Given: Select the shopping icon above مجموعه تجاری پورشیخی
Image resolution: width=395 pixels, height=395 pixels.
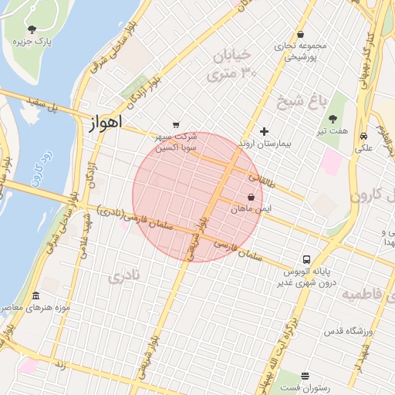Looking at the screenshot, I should (x=299, y=35).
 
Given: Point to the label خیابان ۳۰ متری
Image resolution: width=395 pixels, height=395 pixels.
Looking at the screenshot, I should (x=231, y=65).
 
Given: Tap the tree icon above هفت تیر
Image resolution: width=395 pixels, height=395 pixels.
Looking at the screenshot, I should (x=333, y=120).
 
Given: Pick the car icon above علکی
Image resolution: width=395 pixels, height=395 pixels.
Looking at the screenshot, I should (x=363, y=137).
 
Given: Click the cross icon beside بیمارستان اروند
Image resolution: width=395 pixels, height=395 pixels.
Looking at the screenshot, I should (x=264, y=132).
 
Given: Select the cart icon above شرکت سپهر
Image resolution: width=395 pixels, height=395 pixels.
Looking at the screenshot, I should (x=177, y=125).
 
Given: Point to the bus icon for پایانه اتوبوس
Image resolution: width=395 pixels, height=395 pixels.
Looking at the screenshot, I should (x=306, y=259).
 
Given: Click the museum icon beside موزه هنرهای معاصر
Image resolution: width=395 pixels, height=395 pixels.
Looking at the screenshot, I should (x=35, y=297).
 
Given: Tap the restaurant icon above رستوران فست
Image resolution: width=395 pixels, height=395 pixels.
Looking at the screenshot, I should (x=305, y=375).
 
